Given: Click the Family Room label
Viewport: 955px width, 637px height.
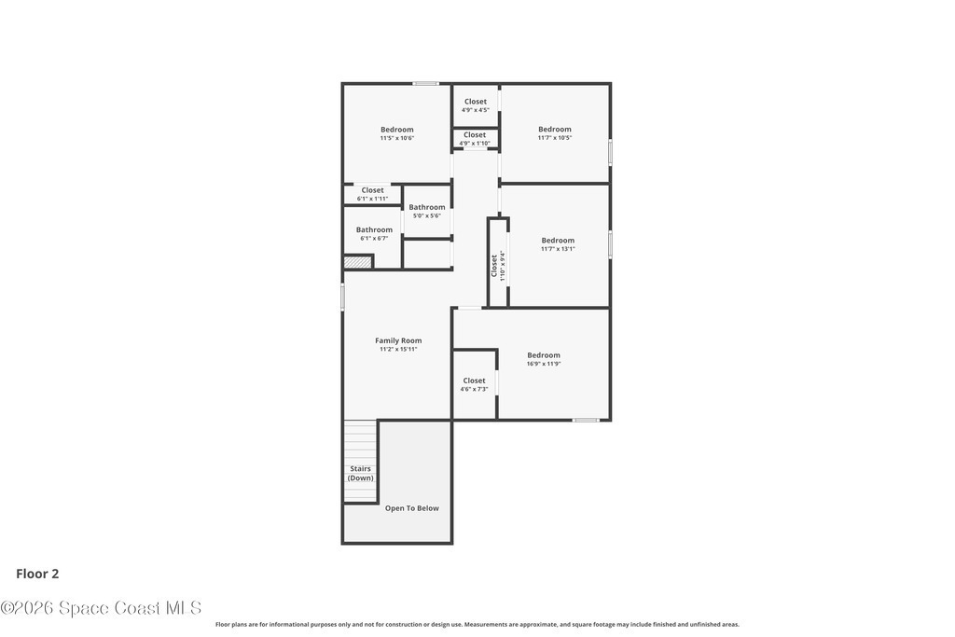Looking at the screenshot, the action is [x=398, y=340].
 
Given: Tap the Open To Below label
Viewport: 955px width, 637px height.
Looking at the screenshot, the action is [x=411, y=508].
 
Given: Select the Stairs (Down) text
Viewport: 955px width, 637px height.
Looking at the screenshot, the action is [x=361, y=473].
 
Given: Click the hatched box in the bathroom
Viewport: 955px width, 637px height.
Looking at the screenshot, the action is [x=357, y=262].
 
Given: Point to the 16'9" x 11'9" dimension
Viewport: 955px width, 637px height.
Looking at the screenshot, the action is [x=544, y=364].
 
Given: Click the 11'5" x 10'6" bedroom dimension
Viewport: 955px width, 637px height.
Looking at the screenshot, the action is [x=397, y=138].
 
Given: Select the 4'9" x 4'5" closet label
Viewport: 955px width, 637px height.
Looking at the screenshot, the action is [x=475, y=106].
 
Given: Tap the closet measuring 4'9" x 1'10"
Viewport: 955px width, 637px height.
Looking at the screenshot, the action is [x=475, y=139].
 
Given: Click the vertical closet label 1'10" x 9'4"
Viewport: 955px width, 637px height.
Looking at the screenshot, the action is [x=498, y=266].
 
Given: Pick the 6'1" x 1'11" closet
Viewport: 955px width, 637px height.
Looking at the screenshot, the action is [x=372, y=194].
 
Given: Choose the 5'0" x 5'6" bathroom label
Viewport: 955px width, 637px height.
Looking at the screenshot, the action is [x=427, y=212].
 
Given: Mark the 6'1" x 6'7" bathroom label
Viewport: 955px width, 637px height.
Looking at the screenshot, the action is [x=374, y=234].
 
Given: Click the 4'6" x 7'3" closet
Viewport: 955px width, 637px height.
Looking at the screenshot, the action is [x=474, y=385].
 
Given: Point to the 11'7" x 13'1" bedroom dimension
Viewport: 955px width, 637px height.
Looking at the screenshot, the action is [x=558, y=248].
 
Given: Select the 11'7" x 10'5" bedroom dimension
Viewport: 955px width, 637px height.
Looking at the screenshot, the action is [x=555, y=138].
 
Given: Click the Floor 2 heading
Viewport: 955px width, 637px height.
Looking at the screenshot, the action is [x=37, y=574].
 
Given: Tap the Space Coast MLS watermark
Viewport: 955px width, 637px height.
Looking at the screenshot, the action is [x=101, y=608].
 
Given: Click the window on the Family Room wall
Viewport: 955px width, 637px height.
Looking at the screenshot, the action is [x=343, y=297].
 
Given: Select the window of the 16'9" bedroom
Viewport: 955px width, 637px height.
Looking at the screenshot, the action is [x=586, y=420].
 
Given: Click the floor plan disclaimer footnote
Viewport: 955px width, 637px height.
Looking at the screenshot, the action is [x=477, y=624].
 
